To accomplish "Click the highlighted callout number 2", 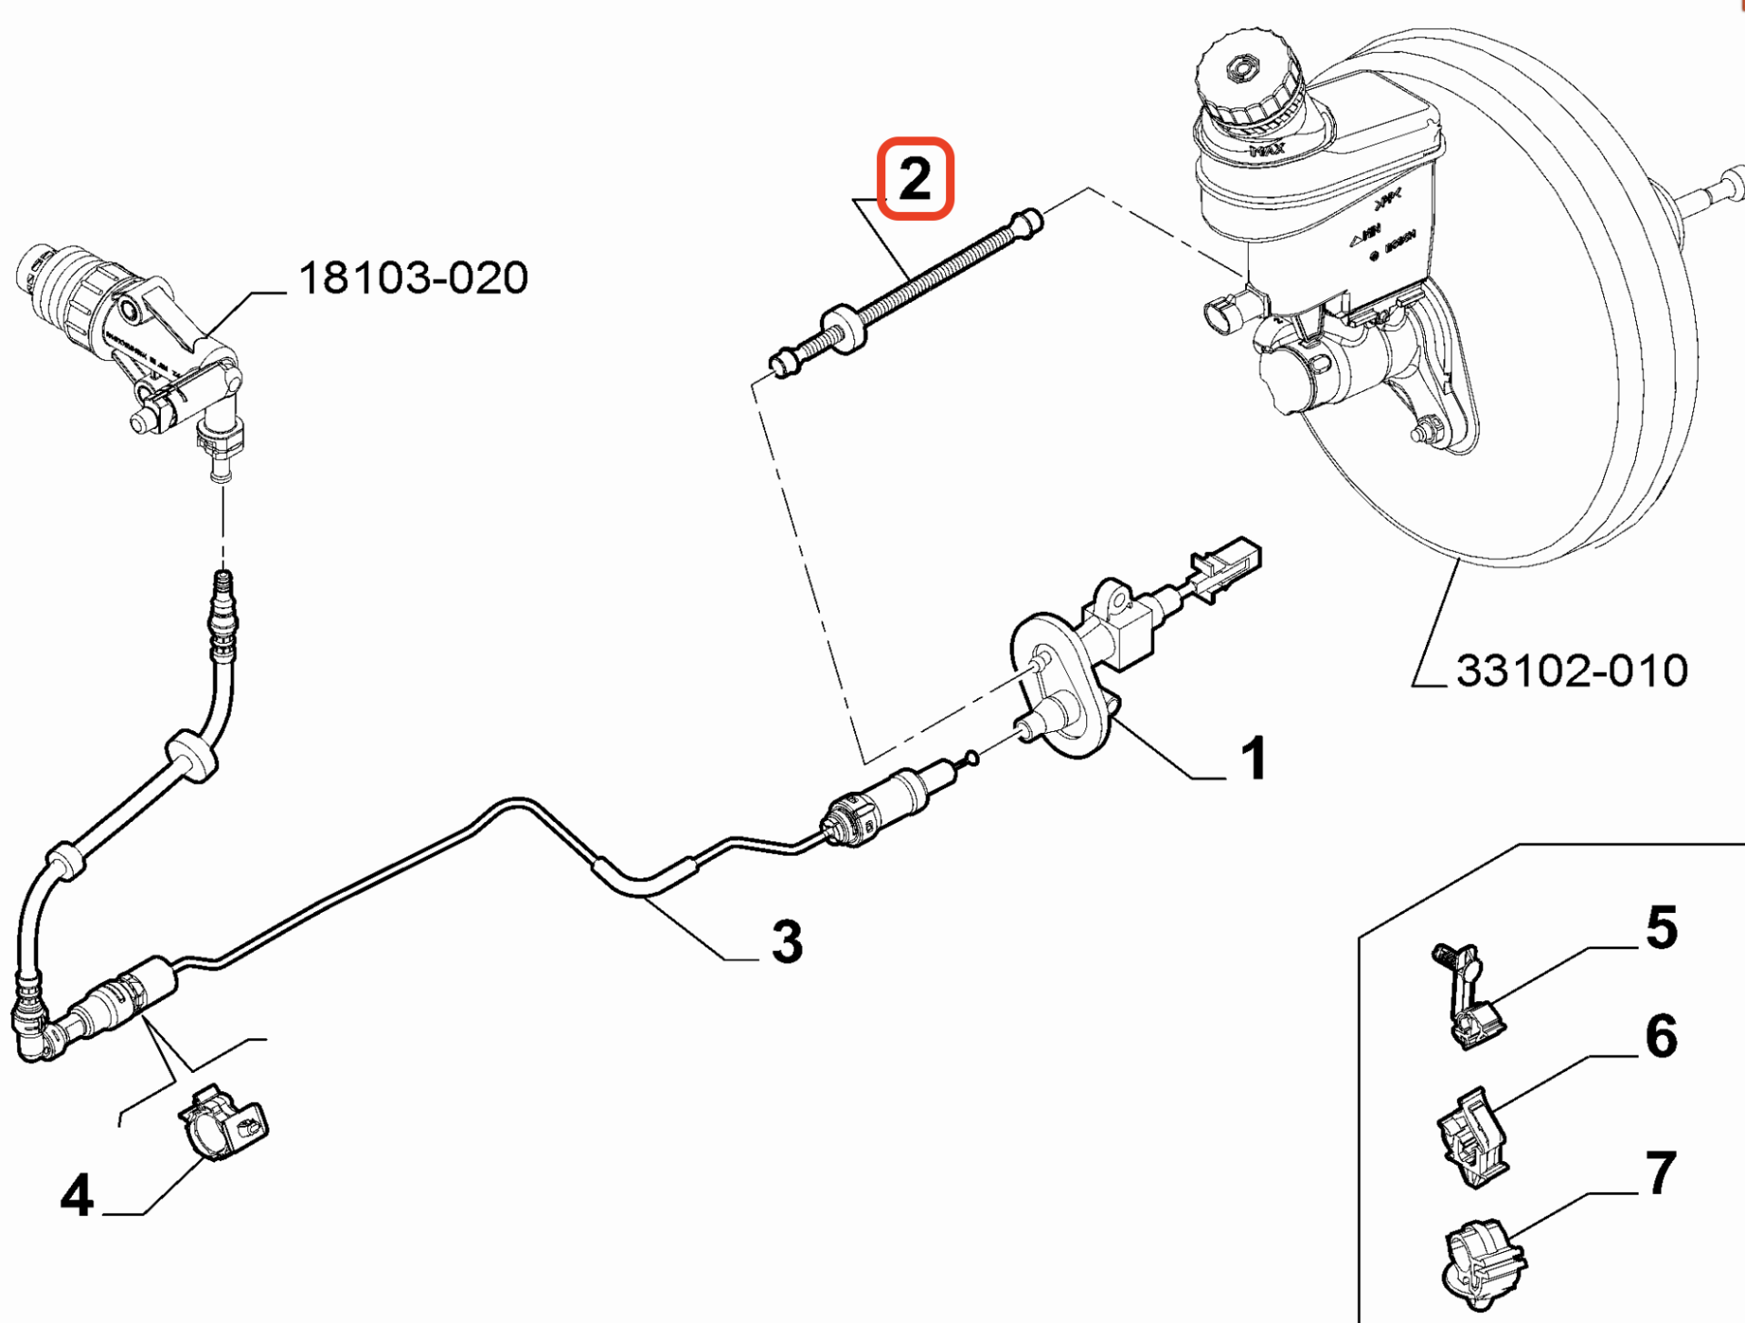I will (x=914, y=178).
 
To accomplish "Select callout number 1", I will (x=1254, y=757).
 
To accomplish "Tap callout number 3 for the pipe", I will (x=787, y=941).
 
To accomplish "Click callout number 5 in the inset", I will (x=1661, y=927).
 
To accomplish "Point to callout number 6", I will (x=1661, y=1036).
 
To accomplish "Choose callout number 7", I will (x=1661, y=1173).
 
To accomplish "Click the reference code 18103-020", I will (x=413, y=277).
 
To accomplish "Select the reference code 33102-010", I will (x=1571, y=671).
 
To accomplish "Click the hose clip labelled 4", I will (x=222, y=1124).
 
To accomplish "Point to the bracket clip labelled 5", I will (x=1469, y=1000).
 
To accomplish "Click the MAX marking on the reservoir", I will (x=1267, y=149).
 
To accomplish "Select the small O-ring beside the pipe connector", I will (x=971, y=757).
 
